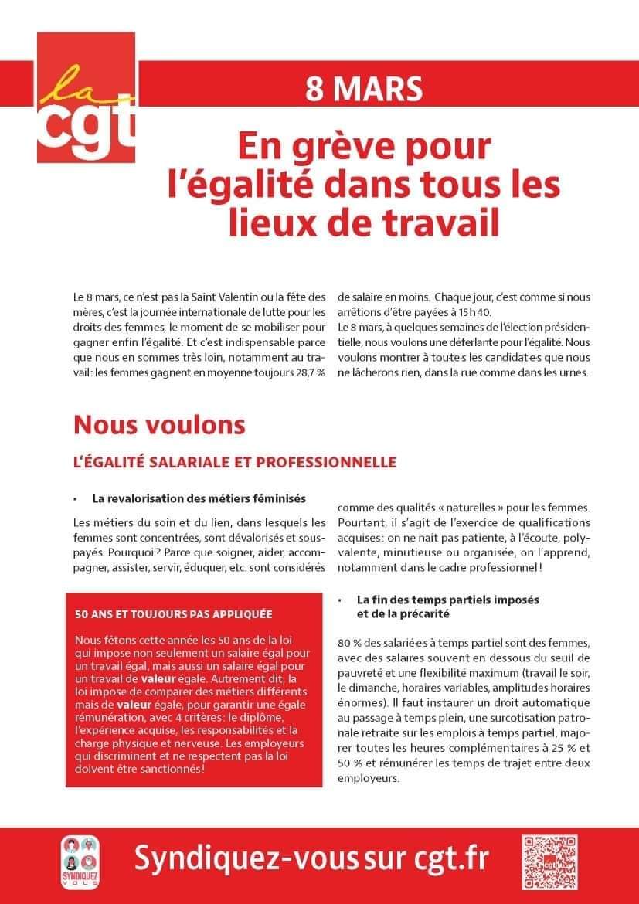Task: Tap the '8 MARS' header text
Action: pyautogui.click(x=364, y=88)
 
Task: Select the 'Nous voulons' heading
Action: pyautogui.click(x=159, y=424)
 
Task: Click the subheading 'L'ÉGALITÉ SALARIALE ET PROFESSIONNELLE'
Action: pyautogui.click(x=234, y=462)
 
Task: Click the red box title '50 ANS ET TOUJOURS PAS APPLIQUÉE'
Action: pyautogui.click(x=173, y=615)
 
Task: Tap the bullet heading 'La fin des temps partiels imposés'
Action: pyautogui.click(x=447, y=600)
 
